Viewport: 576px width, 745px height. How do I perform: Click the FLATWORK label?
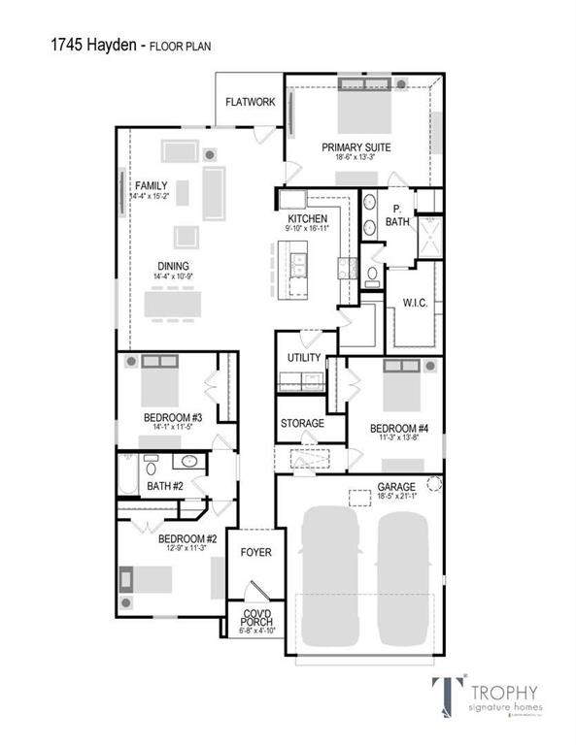click(250, 102)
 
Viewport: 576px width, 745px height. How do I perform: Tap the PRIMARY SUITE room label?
click(356, 147)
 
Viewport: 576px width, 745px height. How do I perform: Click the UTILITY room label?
click(303, 358)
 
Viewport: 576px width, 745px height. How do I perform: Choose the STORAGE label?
click(302, 424)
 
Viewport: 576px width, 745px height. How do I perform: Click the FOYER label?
click(255, 552)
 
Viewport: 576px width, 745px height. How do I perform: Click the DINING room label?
click(174, 266)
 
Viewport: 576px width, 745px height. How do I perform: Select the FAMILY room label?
click(151, 184)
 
